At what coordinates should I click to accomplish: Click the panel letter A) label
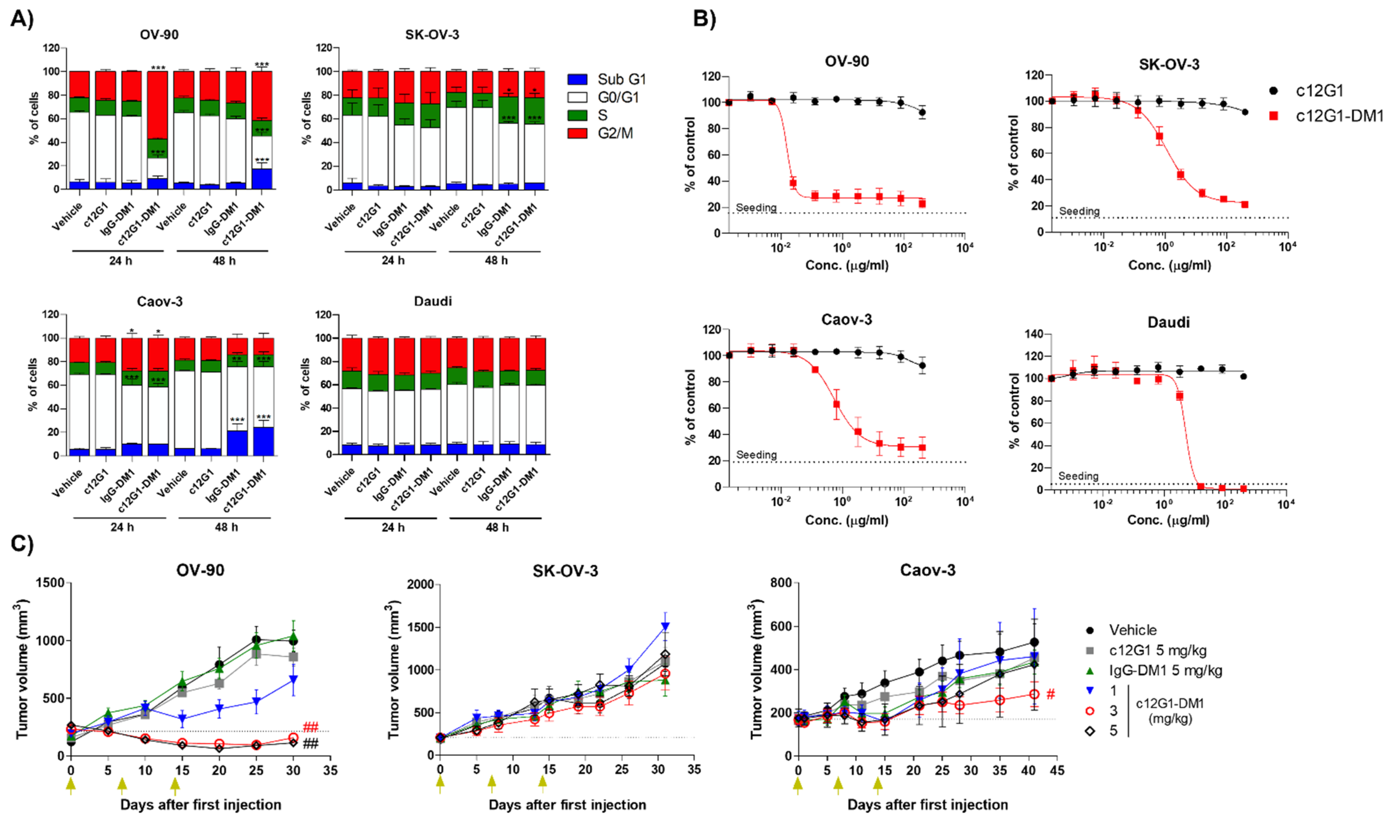(22, 18)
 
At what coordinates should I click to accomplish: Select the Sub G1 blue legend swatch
(577, 79)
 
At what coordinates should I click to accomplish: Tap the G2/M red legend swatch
(577, 133)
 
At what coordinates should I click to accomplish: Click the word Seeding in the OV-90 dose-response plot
(756, 208)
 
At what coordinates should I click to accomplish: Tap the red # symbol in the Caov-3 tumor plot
(1050, 694)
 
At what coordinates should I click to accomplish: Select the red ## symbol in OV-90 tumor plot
(310, 727)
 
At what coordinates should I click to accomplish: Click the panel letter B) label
(704, 18)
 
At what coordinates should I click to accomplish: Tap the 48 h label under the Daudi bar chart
(497, 527)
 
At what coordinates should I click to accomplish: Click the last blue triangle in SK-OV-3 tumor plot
(665, 626)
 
